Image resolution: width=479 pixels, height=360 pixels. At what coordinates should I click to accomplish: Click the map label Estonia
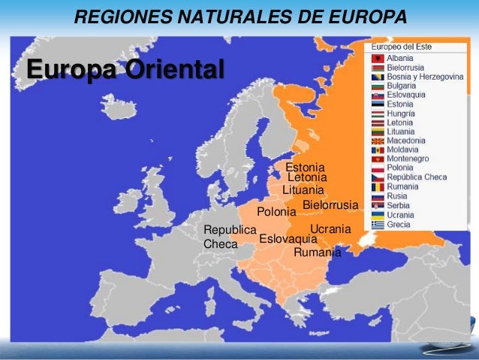306,167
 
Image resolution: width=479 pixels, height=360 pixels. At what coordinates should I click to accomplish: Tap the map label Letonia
308,178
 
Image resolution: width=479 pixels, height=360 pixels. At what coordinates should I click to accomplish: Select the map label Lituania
303,190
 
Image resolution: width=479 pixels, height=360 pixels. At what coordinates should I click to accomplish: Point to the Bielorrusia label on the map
330,205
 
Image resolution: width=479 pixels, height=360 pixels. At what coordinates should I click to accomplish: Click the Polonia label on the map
277,212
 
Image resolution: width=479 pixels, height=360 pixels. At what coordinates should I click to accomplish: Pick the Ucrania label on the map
330,228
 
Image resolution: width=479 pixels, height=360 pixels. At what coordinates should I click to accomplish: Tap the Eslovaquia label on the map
288,238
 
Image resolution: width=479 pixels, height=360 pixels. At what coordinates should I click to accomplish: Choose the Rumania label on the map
317,253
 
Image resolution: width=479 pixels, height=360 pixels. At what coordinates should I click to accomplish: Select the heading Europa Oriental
125,69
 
